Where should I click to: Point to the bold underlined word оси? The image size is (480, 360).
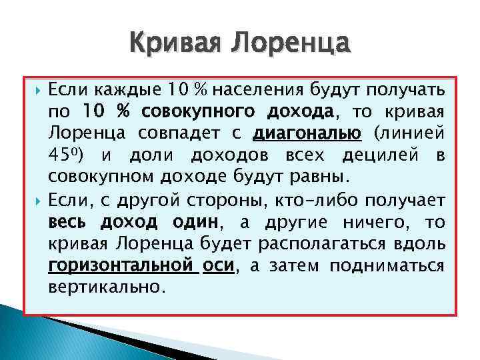(x=217, y=265)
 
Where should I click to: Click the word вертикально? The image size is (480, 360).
(x=105, y=287)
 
